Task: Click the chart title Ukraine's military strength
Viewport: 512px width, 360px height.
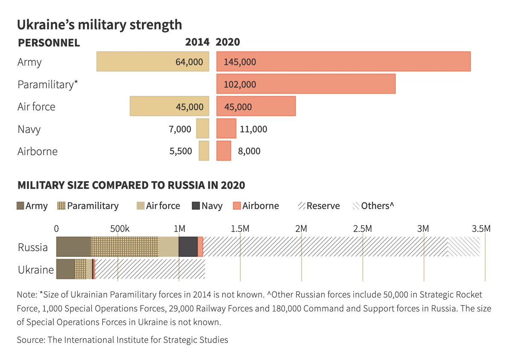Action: [99, 24]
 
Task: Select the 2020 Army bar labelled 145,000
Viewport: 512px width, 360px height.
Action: [343, 61]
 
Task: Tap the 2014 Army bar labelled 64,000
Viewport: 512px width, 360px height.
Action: [153, 61]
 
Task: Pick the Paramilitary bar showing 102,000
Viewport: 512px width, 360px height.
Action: [306, 84]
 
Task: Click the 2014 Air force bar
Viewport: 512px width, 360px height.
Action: [169, 106]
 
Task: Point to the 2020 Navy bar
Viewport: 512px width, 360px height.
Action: [226, 128]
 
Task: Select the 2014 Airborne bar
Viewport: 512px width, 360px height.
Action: [204, 151]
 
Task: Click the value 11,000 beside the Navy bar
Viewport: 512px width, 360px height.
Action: [253, 129]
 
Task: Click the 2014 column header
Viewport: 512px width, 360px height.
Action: [197, 42]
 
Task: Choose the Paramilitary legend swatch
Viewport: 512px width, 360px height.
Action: [61, 206]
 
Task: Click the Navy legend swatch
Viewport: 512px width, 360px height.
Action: [195, 206]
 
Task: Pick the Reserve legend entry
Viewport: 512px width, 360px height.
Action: [318, 206]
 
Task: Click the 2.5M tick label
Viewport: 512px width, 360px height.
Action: [363, 229]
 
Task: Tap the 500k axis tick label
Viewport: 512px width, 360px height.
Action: [118, 229]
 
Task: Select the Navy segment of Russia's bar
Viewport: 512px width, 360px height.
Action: [188, 247]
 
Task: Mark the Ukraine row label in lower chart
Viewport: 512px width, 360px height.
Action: [36, 270]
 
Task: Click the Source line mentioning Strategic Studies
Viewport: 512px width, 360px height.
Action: [122, 340]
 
